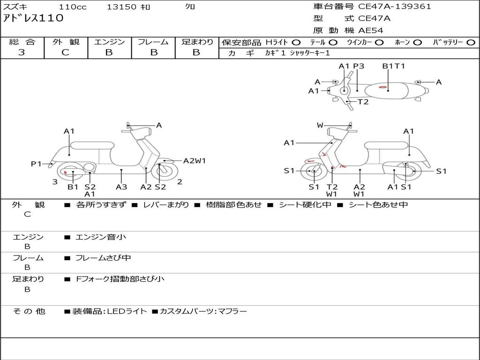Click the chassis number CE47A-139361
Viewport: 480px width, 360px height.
pos(395,6)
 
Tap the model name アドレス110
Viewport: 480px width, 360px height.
pos(33,18)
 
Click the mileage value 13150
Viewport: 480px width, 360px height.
pos(121,7)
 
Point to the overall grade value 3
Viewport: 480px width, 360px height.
pos(22,52)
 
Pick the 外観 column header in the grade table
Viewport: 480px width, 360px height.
pos(66,42)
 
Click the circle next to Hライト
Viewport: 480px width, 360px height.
pos(296,43)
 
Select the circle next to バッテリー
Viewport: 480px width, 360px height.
pos(471,43)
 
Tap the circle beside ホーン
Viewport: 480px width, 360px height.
pos(418,43)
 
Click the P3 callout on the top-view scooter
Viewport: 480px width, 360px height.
pos(359,66)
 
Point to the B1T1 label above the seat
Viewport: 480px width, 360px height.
pos(393,66)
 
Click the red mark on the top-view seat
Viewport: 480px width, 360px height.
pos(382,87)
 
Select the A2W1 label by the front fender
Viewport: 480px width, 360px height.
pos(195,161)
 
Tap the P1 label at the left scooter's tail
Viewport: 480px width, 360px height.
pos(36,164)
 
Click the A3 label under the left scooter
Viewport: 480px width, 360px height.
pos(121,187)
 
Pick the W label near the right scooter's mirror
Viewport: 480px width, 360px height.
pos(320,125)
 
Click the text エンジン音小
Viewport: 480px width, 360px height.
pos(101,237)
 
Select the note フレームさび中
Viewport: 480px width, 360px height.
pos(103,258)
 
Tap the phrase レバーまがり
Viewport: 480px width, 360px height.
pos(166,205)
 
